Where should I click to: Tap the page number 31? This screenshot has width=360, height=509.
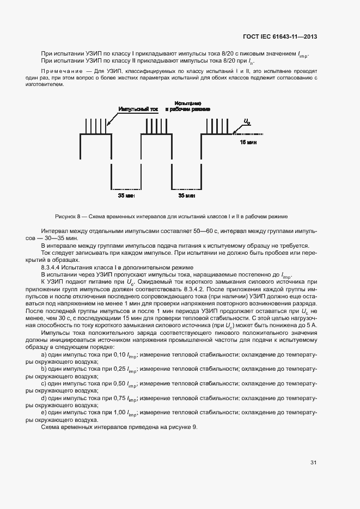(x=313, y=463)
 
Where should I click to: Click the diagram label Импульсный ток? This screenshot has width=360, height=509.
(x=138, y=109)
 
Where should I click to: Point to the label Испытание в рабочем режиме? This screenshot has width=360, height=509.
(x=188, y=106)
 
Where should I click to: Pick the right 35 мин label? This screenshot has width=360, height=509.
(x=186, y=194)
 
